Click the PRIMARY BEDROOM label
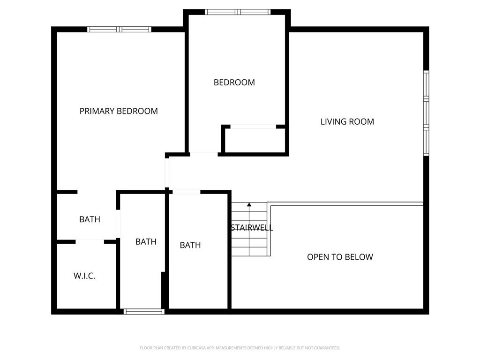pyautogui.click(x=119, y=111)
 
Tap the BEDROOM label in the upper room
pyautogui.click(x=234, y=82)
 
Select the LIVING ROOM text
pyautogui.click(x=347, y=122)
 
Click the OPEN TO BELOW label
pyautogui.click(x=340, y=257)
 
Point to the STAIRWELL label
pyautogui.click(x=252, y=228)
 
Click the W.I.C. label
pyautogui.click(x=84, y=276)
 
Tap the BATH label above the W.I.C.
pyautogui.click(x=90, y=219)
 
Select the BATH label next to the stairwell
pyautogui.click(x=190, y=245)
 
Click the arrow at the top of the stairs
pyautogui.click(x=249, y=205)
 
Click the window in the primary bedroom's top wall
pyautogui.click(x=119, y=29)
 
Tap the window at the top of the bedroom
pyautogui.click(x=238, y=12)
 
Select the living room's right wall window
pyautogui.click(x=426, y=112)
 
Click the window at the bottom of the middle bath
pyautogui.click(x=143, y=311)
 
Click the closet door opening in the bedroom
pyautogui.click(x=253, y=127)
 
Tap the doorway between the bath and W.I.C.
pyautogui.click(x=90, y=241)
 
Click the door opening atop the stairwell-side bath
pyautogui.click(x=187, y=192)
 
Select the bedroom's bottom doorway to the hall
pyautogui.click(x=203, y=153)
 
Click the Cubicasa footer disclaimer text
pyautogui.click(x=240, y=348)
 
